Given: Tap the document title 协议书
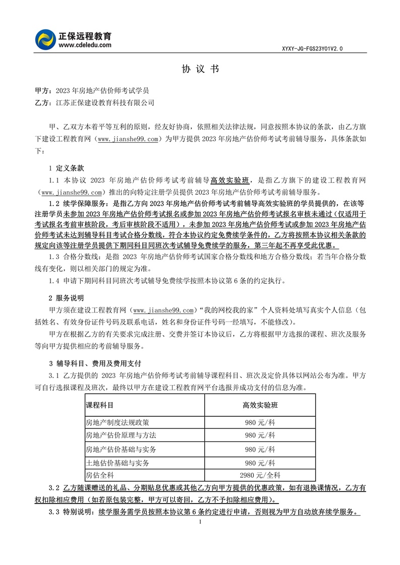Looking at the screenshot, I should (x=200, y=70).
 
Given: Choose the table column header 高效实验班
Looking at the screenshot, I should (x=260, y=405).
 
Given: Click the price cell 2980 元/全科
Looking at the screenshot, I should (x=260, y=475).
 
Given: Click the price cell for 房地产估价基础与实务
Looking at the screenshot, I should (x=260, y=449).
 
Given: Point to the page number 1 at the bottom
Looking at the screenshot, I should (x=200, y=522).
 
